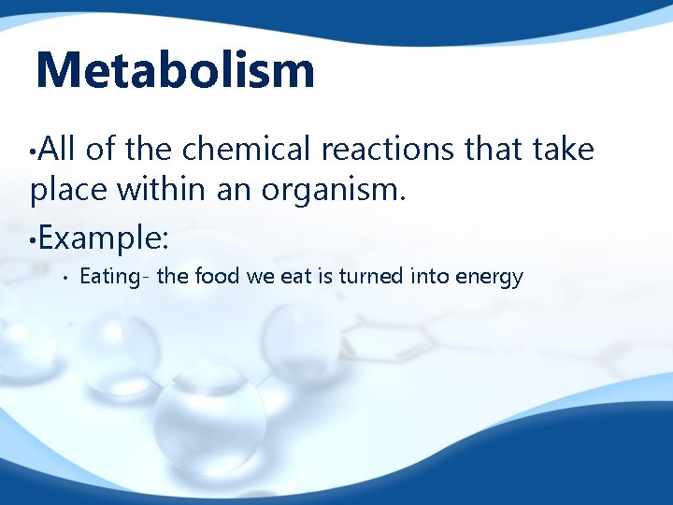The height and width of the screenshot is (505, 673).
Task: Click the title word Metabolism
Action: [175, 70]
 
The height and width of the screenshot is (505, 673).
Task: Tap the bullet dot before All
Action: [33, 150]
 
